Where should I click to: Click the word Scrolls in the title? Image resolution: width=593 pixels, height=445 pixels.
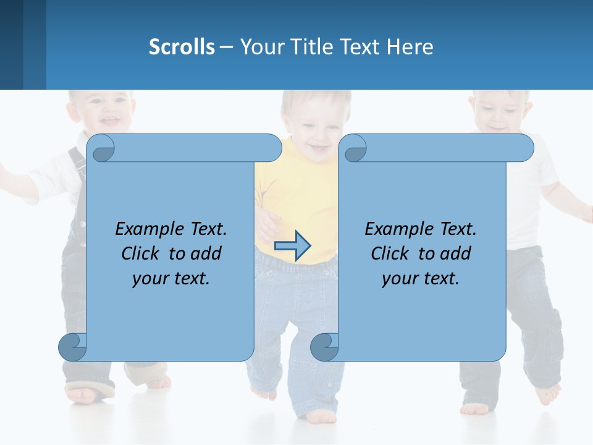pyautogui.click(x=182, y=47)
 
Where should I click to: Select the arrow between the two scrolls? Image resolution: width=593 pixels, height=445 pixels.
pyautogui.click(x=292, y=246)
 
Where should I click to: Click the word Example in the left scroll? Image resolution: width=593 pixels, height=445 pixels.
pyautogui.click(x=145, y=229)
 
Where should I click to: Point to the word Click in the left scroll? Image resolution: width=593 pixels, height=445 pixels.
pyautogui.click(x=142, y=253)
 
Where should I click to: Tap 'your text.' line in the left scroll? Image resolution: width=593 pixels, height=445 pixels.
pyautogui.click(x=171, y=278)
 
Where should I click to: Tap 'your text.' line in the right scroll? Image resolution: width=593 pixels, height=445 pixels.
pyautogui.click(x=420, y=278)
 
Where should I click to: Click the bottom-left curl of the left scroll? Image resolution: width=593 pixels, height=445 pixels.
pyautogui.click(x=72, y=347)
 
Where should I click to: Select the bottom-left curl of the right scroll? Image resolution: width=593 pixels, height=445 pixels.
pyautogui.click(x=324, y=347)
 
